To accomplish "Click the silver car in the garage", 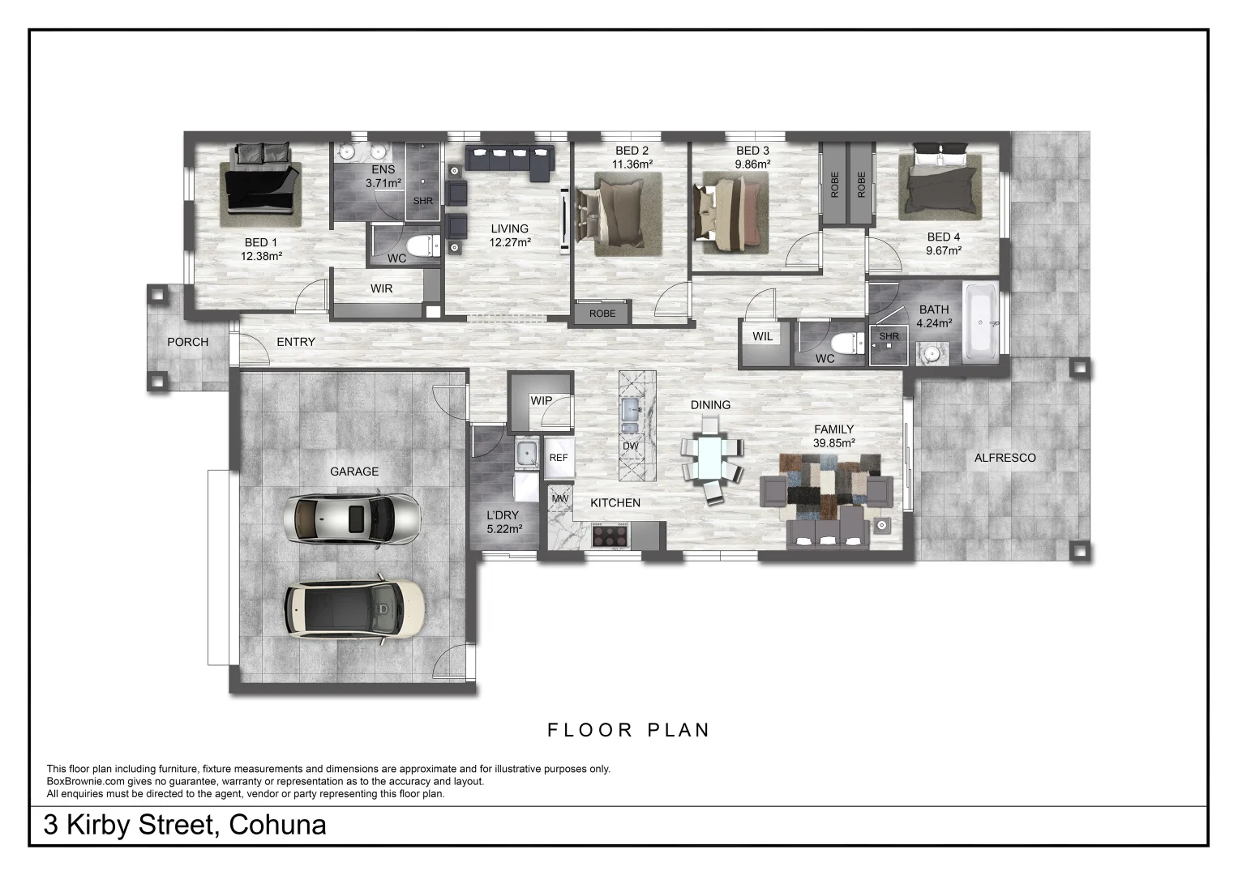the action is pyautogui.click(x=352, y=519).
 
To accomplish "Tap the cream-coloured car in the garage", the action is pyautogui.click(x=354, y=608).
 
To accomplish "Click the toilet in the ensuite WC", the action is pyautogui.click(x=422, y=245).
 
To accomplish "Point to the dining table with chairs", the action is pyautogui.click(x=711, y=459).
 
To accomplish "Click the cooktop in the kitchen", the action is pyautogui.click(x=610, y=535).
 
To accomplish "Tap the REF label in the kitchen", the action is pyautogui.click(x=559, y=458).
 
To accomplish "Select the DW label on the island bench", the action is pyautogui.click(x=631, y=446).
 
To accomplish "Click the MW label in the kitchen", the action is pyautogui.click(x=560, y=499).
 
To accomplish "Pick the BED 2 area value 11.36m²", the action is pyautogui.click(x=632, y=164).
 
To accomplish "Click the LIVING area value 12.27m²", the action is pyautogui.click(x=510, y=242).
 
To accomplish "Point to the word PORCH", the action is pyautogui.click(x=188, y=342).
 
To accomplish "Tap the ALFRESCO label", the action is pyautogui.click(x=1005, y=458).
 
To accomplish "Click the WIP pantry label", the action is pyautogui.click(x=541, y=400).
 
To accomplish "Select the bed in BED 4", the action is pyautogui.click(x=940, y=181).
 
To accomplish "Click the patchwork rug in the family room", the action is pyautogui.click(x=829, y=487).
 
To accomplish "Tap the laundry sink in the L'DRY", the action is pyautogui.click(x=527, y=453).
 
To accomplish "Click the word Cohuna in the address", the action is pyautogui.click(x=277, y=825).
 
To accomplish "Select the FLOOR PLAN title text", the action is pyautogui.click(x=628, y=730).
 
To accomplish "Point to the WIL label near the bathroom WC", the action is pyautogui.click(x=763, y=336).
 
